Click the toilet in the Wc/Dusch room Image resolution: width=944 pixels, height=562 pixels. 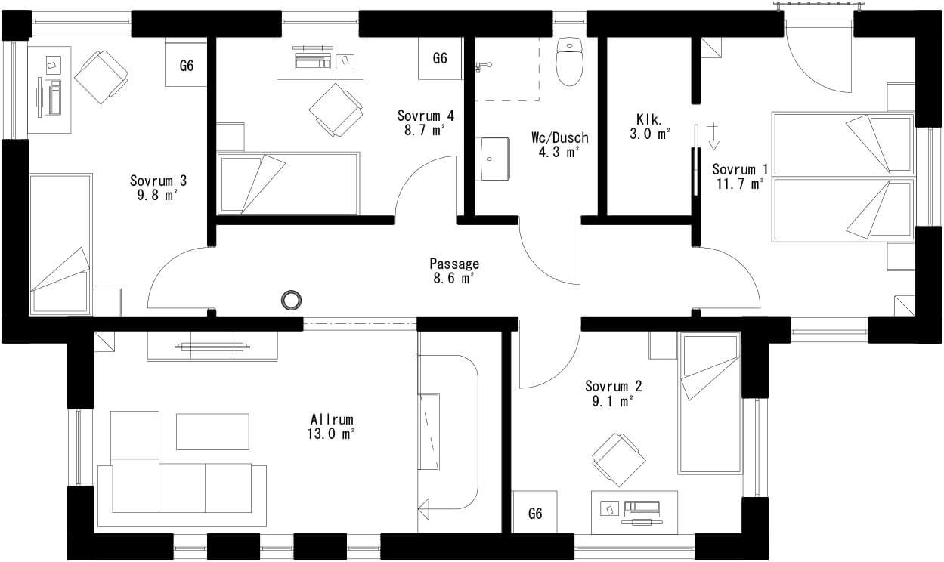pos(570,61)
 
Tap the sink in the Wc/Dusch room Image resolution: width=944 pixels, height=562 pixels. pos(493,159)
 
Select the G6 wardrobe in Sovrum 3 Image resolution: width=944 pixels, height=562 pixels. pos(186,65)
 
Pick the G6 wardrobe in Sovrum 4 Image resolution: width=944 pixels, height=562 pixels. pos(441,58)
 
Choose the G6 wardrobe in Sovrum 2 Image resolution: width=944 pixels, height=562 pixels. pos(535,513)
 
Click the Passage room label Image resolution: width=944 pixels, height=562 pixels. pos(454,264)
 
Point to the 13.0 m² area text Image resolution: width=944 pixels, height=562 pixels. pos(331,434)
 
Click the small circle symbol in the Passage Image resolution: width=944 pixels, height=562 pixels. pos(291,301)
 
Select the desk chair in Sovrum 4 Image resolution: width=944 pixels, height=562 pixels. pos(336,110)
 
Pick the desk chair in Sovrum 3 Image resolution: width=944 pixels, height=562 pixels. pos(101,77)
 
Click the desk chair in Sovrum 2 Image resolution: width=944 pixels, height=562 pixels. pos(619,459)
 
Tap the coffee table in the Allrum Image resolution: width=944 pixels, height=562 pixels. pos(212,431)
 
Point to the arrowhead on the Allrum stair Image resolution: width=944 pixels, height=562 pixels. pos(423,509)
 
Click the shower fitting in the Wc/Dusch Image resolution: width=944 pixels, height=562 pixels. pos(483,66)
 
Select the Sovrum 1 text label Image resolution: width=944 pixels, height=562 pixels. pos(740,169)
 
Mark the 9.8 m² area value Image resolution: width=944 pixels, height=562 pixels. pos(156,195)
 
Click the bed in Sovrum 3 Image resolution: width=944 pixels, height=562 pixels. pos(61,244)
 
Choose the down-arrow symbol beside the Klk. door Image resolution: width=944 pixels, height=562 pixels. pos(713,137)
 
